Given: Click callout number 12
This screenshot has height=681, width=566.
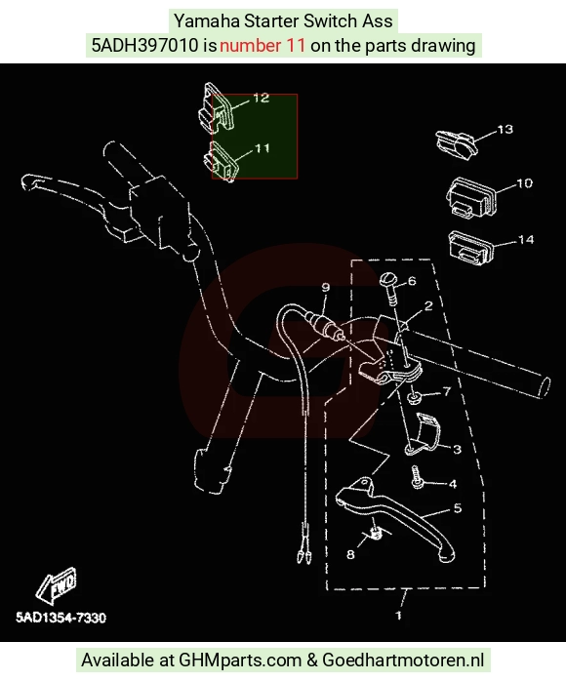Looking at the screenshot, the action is [x=262, y=99].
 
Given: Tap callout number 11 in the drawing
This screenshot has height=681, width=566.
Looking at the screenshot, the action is [x=263, y=148].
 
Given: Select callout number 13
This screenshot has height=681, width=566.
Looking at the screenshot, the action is [x=505, y=130].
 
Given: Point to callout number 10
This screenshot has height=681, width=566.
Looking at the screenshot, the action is [x=525, y=183].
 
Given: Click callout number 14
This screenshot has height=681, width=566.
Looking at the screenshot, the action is [x=526, y=240].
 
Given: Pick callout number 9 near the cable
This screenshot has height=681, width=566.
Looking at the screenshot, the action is [x=326, y=287].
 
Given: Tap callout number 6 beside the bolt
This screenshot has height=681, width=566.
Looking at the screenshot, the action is [x=412, y=281].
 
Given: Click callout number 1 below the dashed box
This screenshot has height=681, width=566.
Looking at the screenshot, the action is [x=399, y=615].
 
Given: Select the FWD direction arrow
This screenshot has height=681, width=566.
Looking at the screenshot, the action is [x=57, y=586].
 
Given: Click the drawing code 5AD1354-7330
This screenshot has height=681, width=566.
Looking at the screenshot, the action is [x=61, y=618].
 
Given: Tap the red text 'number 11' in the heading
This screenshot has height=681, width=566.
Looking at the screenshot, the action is [x=263, y=45].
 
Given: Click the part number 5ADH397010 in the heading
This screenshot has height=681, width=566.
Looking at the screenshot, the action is [x=144, y=45].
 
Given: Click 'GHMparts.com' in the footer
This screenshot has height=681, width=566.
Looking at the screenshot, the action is [x=240, y=661].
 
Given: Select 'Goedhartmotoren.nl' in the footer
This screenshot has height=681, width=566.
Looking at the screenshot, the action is [x=403, y=661].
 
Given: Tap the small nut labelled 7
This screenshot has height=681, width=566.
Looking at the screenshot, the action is [x=414, y=397].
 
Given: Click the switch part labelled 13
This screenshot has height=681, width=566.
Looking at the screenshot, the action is [x=456, y=143].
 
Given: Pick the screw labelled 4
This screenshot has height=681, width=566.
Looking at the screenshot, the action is [x=418, y=477].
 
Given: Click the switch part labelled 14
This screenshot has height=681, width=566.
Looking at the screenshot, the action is [x=471, y=247].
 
